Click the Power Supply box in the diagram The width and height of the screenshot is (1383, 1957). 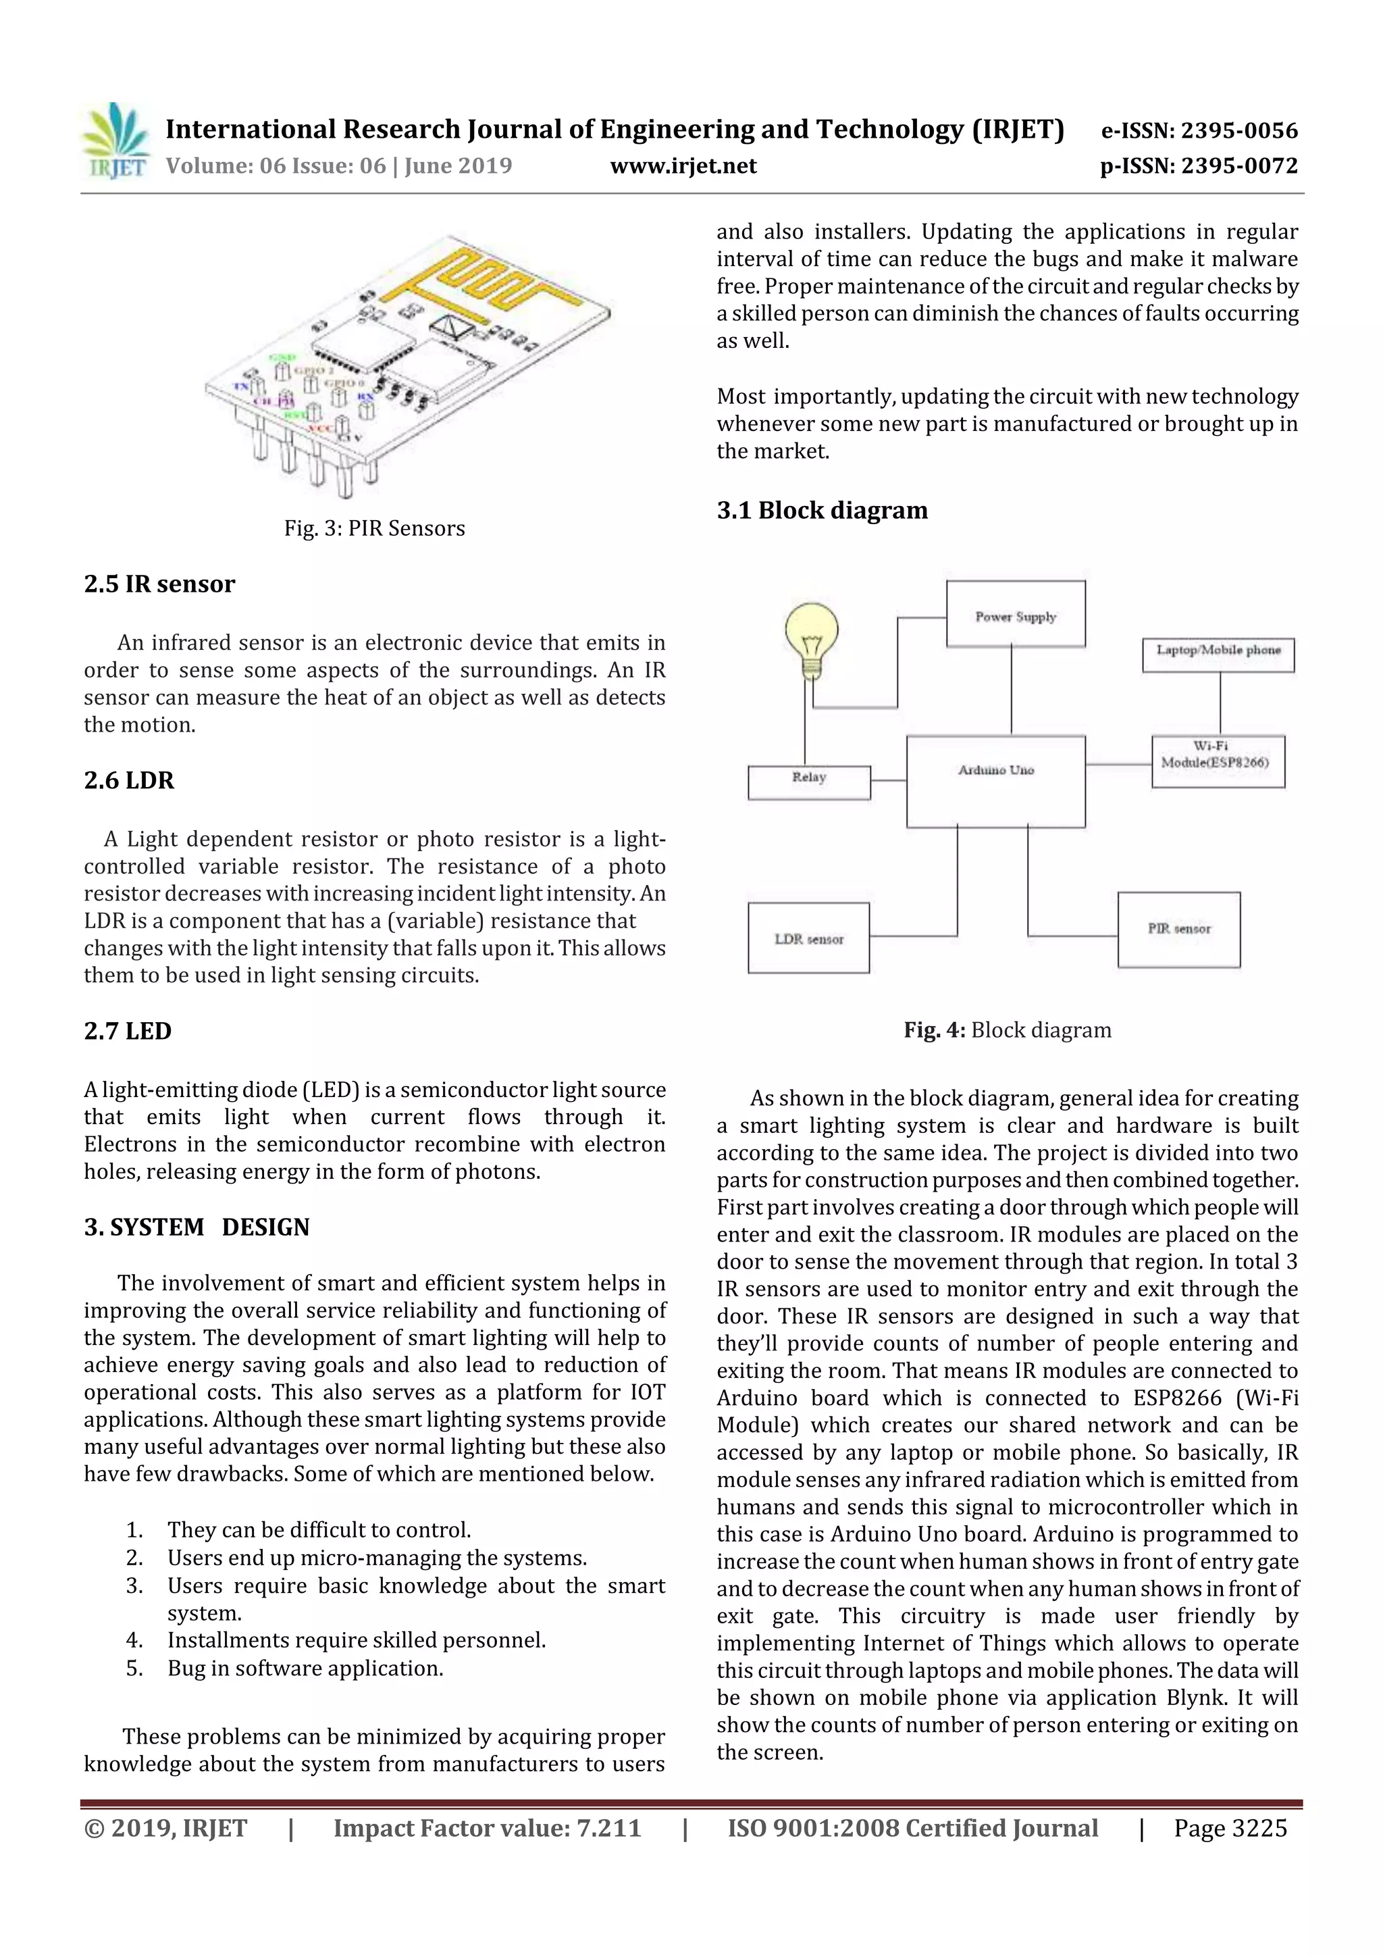tap(1015, 615)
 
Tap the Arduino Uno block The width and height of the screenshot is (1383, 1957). tap(995, 781)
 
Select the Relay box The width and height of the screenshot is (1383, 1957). tap(809, 782)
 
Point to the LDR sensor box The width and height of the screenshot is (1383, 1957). tap(808, 938)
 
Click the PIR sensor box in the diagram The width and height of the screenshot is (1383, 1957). tap(1178, 929)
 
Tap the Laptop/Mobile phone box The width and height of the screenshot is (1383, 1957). tap(1218, 655)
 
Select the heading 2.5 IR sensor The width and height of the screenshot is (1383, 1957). tap(159, 584)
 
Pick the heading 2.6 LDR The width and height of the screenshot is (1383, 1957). tap(130, 780)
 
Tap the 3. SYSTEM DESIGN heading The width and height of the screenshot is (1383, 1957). tap(197, 1227)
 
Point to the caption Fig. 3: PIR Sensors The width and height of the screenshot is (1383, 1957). tap(374, 528)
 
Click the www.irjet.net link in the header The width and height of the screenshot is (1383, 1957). tap(683, 166)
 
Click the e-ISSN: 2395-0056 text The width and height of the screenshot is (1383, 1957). tap(1199, 130)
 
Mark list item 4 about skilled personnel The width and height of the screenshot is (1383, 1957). tap(355, 1640)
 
